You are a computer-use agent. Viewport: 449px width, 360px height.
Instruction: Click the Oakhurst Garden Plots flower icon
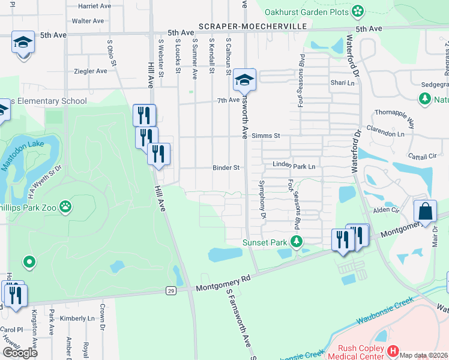point(358,10)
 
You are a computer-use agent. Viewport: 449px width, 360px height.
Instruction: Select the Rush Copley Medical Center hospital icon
point(393,350)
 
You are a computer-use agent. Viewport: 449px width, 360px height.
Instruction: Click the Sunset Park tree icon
point(295,242)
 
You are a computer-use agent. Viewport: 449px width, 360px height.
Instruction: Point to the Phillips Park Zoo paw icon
point(65,208)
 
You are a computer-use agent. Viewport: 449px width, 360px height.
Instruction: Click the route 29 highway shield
point(171,290)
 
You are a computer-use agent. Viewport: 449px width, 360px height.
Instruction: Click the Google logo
point(20,352)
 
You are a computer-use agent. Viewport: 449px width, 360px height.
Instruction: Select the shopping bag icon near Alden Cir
point(425,211)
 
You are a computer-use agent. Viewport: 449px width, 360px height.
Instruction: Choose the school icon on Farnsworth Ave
point(244,79)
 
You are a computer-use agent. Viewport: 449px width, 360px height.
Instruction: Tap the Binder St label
point(226,168)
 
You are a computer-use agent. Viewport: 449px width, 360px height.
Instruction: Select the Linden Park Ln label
point(294,164)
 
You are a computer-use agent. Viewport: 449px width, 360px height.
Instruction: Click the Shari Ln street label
point(339,83)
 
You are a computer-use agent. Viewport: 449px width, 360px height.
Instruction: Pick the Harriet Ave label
point(95,6)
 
